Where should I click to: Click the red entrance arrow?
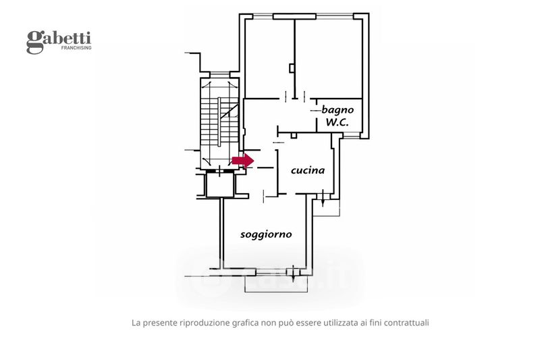[242, 160]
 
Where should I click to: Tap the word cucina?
[308, 170]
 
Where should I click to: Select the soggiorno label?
[266, 234]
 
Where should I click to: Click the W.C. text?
[337, 122]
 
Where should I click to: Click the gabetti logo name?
[59, 39]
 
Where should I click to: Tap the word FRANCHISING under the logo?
[76, 49]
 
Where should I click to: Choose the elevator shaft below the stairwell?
[219, 184]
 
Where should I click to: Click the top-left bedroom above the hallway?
[269, 57]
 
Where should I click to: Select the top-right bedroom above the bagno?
[331, 57]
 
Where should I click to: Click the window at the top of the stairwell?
[221, 76]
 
